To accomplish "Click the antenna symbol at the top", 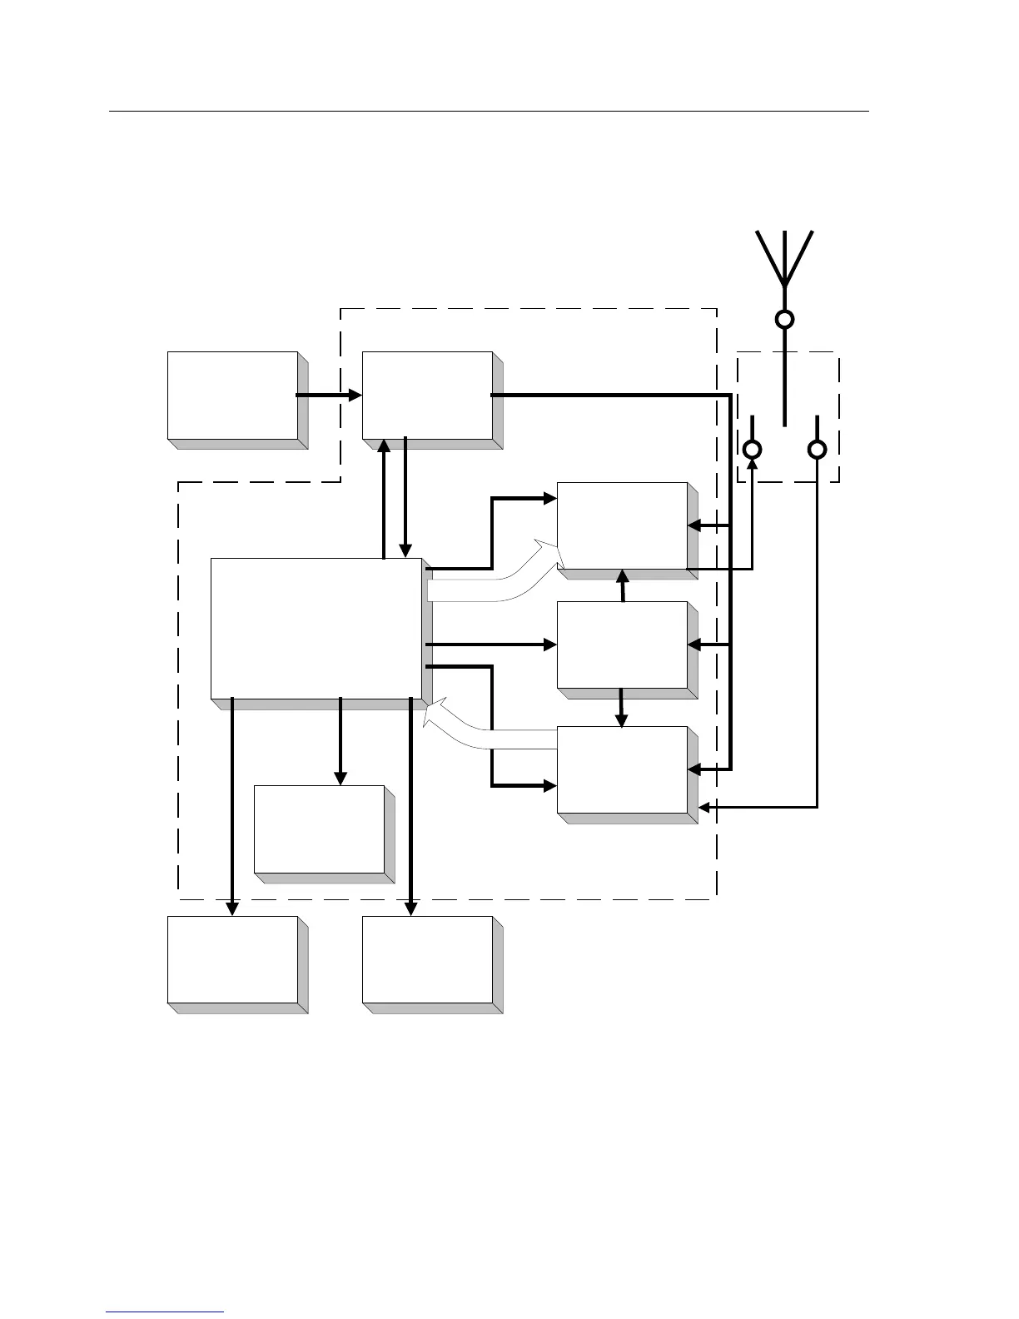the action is click(784, 258).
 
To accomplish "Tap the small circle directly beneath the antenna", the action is click(784, 319).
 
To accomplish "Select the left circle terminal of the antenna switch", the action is click(752, 450).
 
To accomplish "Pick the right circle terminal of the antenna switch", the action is click(818, 450).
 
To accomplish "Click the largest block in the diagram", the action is click(316, 628).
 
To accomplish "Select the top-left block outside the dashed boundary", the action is click(232, 395).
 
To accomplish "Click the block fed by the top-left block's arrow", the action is click(427, 395).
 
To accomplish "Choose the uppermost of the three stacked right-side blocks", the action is click(622, 525).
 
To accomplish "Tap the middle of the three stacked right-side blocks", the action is click(622, 645).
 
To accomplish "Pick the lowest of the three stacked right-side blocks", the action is click(622, 769).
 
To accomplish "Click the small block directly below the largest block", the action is click(319, 829).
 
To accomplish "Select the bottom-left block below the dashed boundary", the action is click(232, 959).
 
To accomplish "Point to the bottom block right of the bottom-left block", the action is click(427, 959).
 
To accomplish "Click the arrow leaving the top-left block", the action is click(329, 395).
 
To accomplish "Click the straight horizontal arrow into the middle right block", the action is click(491, 645).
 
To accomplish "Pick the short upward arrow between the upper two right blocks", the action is click(623, 585).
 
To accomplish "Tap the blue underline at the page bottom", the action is click(165, 1312).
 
